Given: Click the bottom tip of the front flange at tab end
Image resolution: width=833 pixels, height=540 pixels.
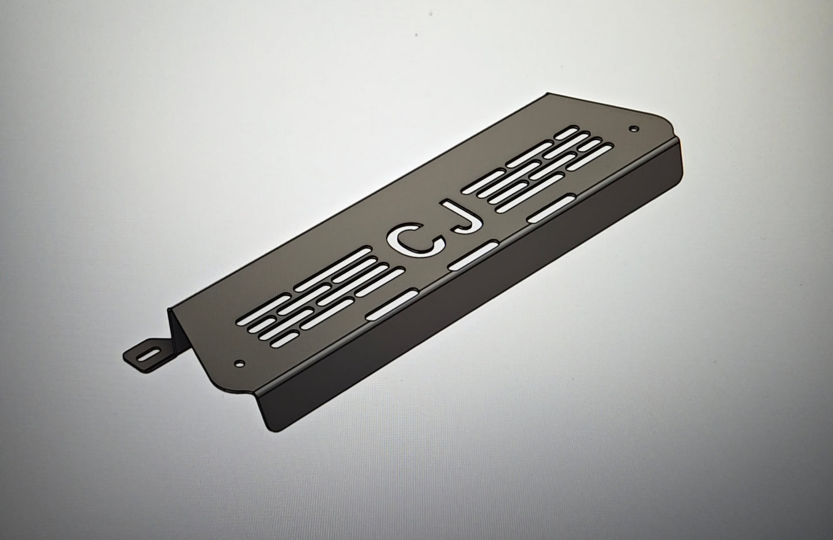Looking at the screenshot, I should [x=270, y=429].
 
